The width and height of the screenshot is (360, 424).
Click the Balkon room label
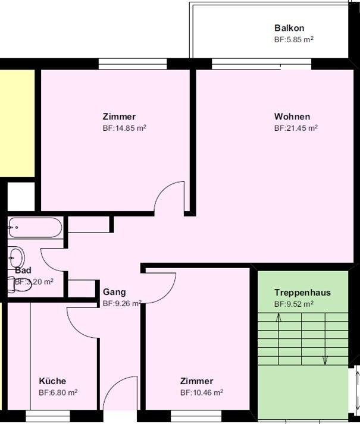[x=289, y=28]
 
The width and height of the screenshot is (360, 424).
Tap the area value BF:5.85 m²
[x=294, y=39]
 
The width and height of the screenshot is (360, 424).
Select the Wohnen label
[x=292, y=117]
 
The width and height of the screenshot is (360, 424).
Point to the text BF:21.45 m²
[x=296, y=128]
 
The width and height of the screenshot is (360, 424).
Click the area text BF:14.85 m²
[x=124, y=128]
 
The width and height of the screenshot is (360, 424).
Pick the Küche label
[x=52, y=381]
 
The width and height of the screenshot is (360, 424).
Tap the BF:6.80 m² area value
[x=58, y=392]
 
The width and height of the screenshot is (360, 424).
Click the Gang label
[x=114, y=292]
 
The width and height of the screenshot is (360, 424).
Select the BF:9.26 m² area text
[x=122, y=303]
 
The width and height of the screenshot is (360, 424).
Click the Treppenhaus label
[x=302, y=293]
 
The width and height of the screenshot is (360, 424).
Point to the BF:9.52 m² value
[x=294, y=304]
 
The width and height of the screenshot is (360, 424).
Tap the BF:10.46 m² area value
[x=202, y=392]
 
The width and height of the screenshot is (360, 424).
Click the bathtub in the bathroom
[x=35, y=228]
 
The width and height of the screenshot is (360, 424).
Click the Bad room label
[x=23, y=270]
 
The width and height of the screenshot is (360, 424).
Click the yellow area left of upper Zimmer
[x=17, y=123]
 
